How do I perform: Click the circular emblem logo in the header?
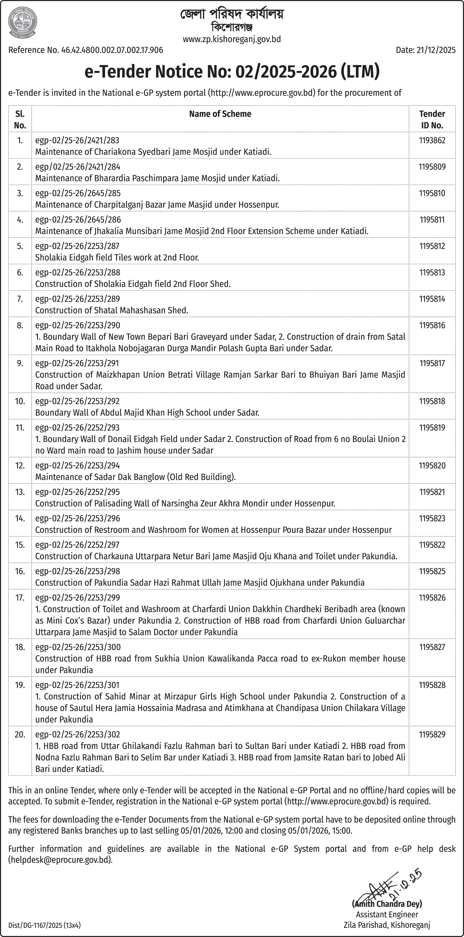tap(22, 22)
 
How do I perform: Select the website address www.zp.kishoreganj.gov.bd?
tap(232, 39)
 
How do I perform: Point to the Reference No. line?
tap(85, 50)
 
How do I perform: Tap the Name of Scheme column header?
tap(220, 114)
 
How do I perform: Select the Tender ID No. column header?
tap(432, 119)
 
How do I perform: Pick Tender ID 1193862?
tap(432, 140)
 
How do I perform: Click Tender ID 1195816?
tap(432, 325)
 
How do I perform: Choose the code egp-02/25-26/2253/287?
tap(77, 246)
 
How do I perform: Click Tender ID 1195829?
tap(432, 734)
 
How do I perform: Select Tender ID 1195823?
tap(432, 518)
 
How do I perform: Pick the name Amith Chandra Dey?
tap(387, 904)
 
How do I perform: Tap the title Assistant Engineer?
tap(387, 915)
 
